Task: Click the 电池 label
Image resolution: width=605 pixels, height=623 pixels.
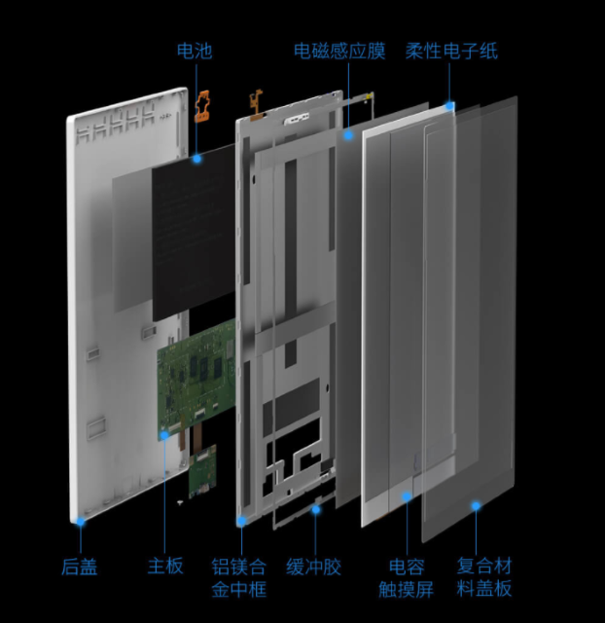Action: pos(195,52)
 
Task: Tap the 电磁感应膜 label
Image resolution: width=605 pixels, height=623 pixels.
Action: pos(339,52)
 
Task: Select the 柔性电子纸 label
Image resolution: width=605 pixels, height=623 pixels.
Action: pos(451,52)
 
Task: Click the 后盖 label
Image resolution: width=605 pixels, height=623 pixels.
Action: pos(80,567)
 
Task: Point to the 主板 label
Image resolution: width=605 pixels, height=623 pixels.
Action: pos(165,566)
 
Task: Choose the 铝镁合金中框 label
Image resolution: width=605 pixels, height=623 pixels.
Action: pos(239,577)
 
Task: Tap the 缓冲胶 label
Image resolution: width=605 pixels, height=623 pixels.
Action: pos(313,567)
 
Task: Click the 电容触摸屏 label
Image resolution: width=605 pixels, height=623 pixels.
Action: pos(407,577)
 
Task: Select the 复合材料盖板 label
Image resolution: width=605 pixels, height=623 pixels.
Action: pos(484,577)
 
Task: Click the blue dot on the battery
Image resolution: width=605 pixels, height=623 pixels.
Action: pos(196,159)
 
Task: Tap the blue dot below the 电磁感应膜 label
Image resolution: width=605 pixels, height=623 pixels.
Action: pos(348,135)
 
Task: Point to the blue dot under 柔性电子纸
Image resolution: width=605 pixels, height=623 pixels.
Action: pos(449,106)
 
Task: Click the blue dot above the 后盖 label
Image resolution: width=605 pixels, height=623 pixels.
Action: pos(81,522)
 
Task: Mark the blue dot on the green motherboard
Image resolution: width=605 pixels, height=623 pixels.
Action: pos(164,436)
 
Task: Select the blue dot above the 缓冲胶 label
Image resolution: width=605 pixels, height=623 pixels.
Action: pos(315,509)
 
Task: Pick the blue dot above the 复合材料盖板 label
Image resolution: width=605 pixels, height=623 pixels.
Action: pos(476,506)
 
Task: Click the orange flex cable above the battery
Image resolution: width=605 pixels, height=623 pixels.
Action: pos(202,106)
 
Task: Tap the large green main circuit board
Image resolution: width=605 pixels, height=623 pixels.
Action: pos(196,378)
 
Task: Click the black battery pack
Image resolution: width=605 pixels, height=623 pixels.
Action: pos(194,233)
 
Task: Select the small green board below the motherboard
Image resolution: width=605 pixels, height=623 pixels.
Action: pos(202,471)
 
